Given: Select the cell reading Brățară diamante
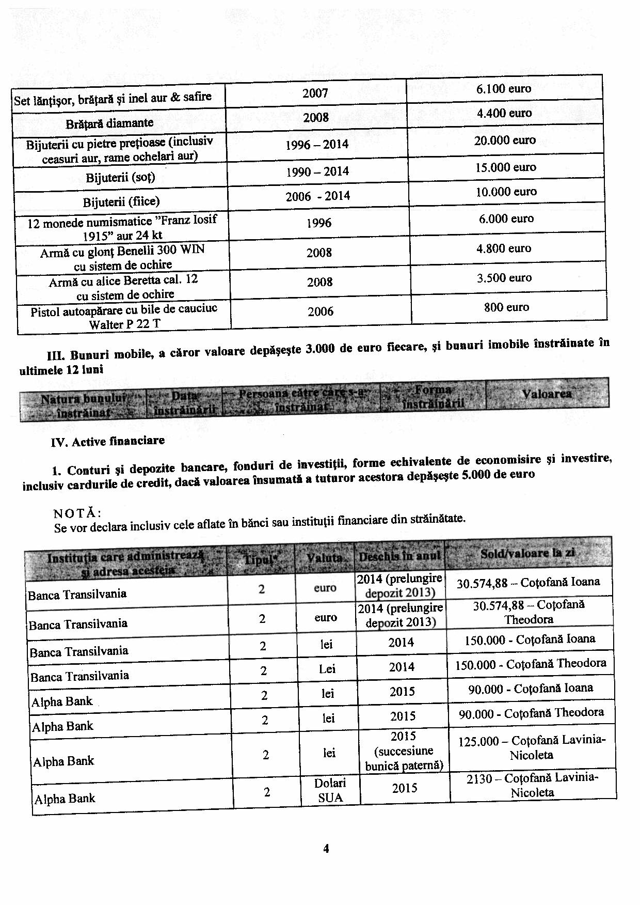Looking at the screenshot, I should (x=109, y=123).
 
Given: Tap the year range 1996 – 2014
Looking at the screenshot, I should (x=317, y=145).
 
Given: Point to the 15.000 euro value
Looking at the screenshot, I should (x=505, y=167).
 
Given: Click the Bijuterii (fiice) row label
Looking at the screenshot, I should (x=121, y=201).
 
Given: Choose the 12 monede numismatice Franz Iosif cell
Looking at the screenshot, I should (x=122, y=227).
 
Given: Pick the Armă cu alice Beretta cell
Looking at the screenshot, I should (x=124, y=288).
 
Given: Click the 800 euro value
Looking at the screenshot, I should (x=506, y=307).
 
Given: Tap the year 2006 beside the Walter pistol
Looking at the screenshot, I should (x=321, y=311).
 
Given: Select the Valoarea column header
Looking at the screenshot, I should (x=547, y=394).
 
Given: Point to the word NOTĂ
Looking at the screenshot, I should (x=77, y=513).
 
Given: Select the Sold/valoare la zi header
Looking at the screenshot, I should (x=527, y=553).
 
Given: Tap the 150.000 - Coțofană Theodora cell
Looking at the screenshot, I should (x=530, y=664).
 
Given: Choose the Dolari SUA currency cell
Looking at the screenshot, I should (x=330, y=790).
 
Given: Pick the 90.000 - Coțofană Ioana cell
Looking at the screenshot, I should (x=530, y=689).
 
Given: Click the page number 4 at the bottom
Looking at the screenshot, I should (x=326, y=849).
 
